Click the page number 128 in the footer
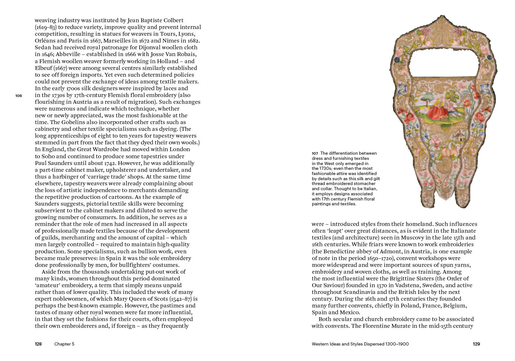pyautogui.click(x=38, y=344)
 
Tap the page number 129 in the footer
pyautogui.click(x=476, y=344)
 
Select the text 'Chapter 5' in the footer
pyautogui.click(x=64, y=344)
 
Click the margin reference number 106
pyautogui.click(x=18, y=96)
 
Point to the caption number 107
pyautogui.click(x=315, y=153)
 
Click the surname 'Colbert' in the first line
pyautogui.click(x=173, y=20)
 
